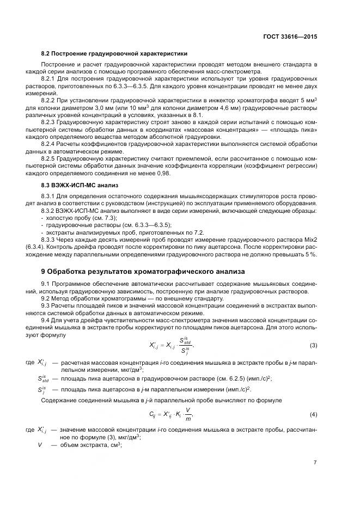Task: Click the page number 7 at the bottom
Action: (x=315, y=462)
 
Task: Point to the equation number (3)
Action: (x=313, y=346)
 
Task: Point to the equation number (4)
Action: (x=313, y=415)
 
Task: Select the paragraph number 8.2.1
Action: (x=51, y=79)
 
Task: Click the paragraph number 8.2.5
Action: (x=51, y=158)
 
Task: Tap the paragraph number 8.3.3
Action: (x=51, y=238)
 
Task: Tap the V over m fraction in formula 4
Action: (x=188, y=415)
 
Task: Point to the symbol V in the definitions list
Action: (x=40, y=445)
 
